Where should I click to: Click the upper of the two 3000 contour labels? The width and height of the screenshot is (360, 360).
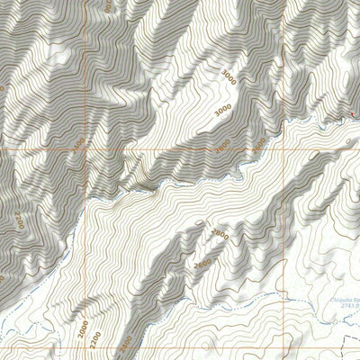[231, 79]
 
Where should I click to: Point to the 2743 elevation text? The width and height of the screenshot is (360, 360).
[343, 309]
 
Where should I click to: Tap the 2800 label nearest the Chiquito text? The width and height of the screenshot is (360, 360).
[219, 237]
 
